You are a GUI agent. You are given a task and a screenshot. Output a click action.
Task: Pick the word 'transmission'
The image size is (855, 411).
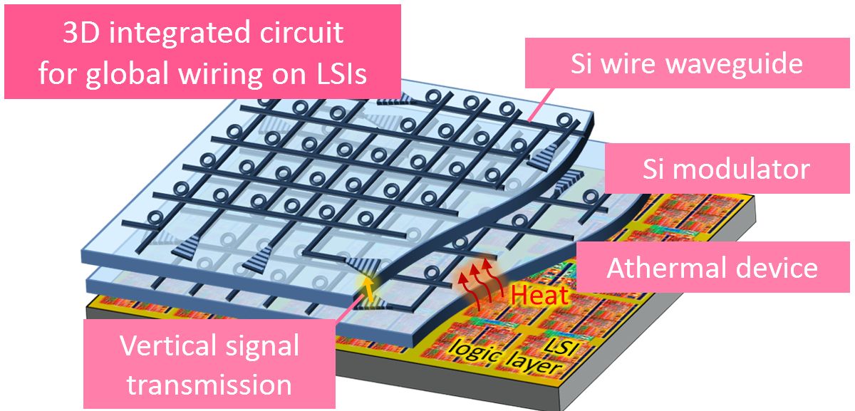click(x=209, y=385)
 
